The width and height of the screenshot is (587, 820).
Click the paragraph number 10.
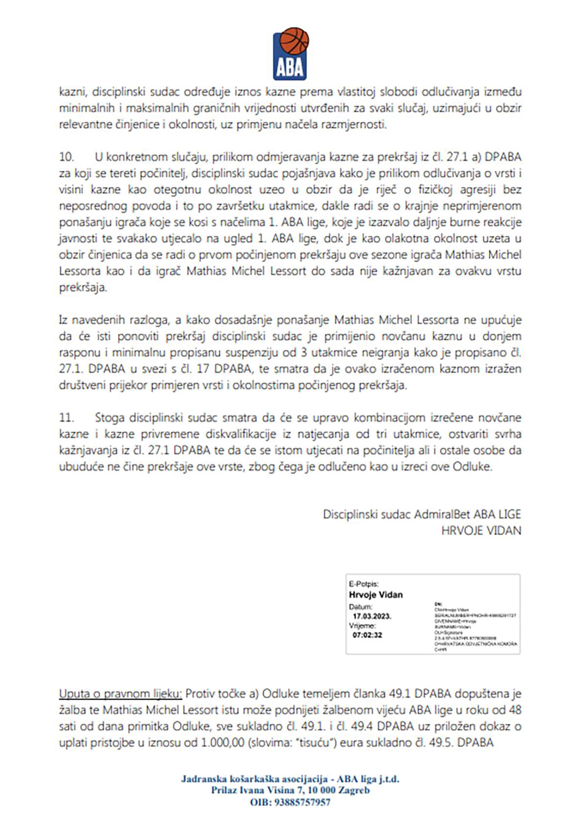(66, 157)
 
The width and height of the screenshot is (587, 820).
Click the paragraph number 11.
(66, 418)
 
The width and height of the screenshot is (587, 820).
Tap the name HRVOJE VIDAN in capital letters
(481, 530)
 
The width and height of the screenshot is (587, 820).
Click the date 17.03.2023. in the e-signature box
(372, 616)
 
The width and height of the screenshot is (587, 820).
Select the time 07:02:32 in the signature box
(367, 635)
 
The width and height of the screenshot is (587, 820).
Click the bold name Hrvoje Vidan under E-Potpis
(376, 595)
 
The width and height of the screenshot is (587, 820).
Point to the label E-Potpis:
(363, 584)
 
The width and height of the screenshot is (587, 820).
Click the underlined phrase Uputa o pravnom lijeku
(120, 693)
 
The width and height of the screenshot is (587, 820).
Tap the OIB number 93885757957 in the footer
(303, 802)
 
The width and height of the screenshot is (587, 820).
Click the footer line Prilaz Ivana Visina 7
(290, 791)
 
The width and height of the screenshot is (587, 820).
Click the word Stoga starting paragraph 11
(110, 418)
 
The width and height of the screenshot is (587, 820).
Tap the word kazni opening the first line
(72, 92)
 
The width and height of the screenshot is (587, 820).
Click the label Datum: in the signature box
(361, 606)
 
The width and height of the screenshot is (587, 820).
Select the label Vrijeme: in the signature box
(362, 625)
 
